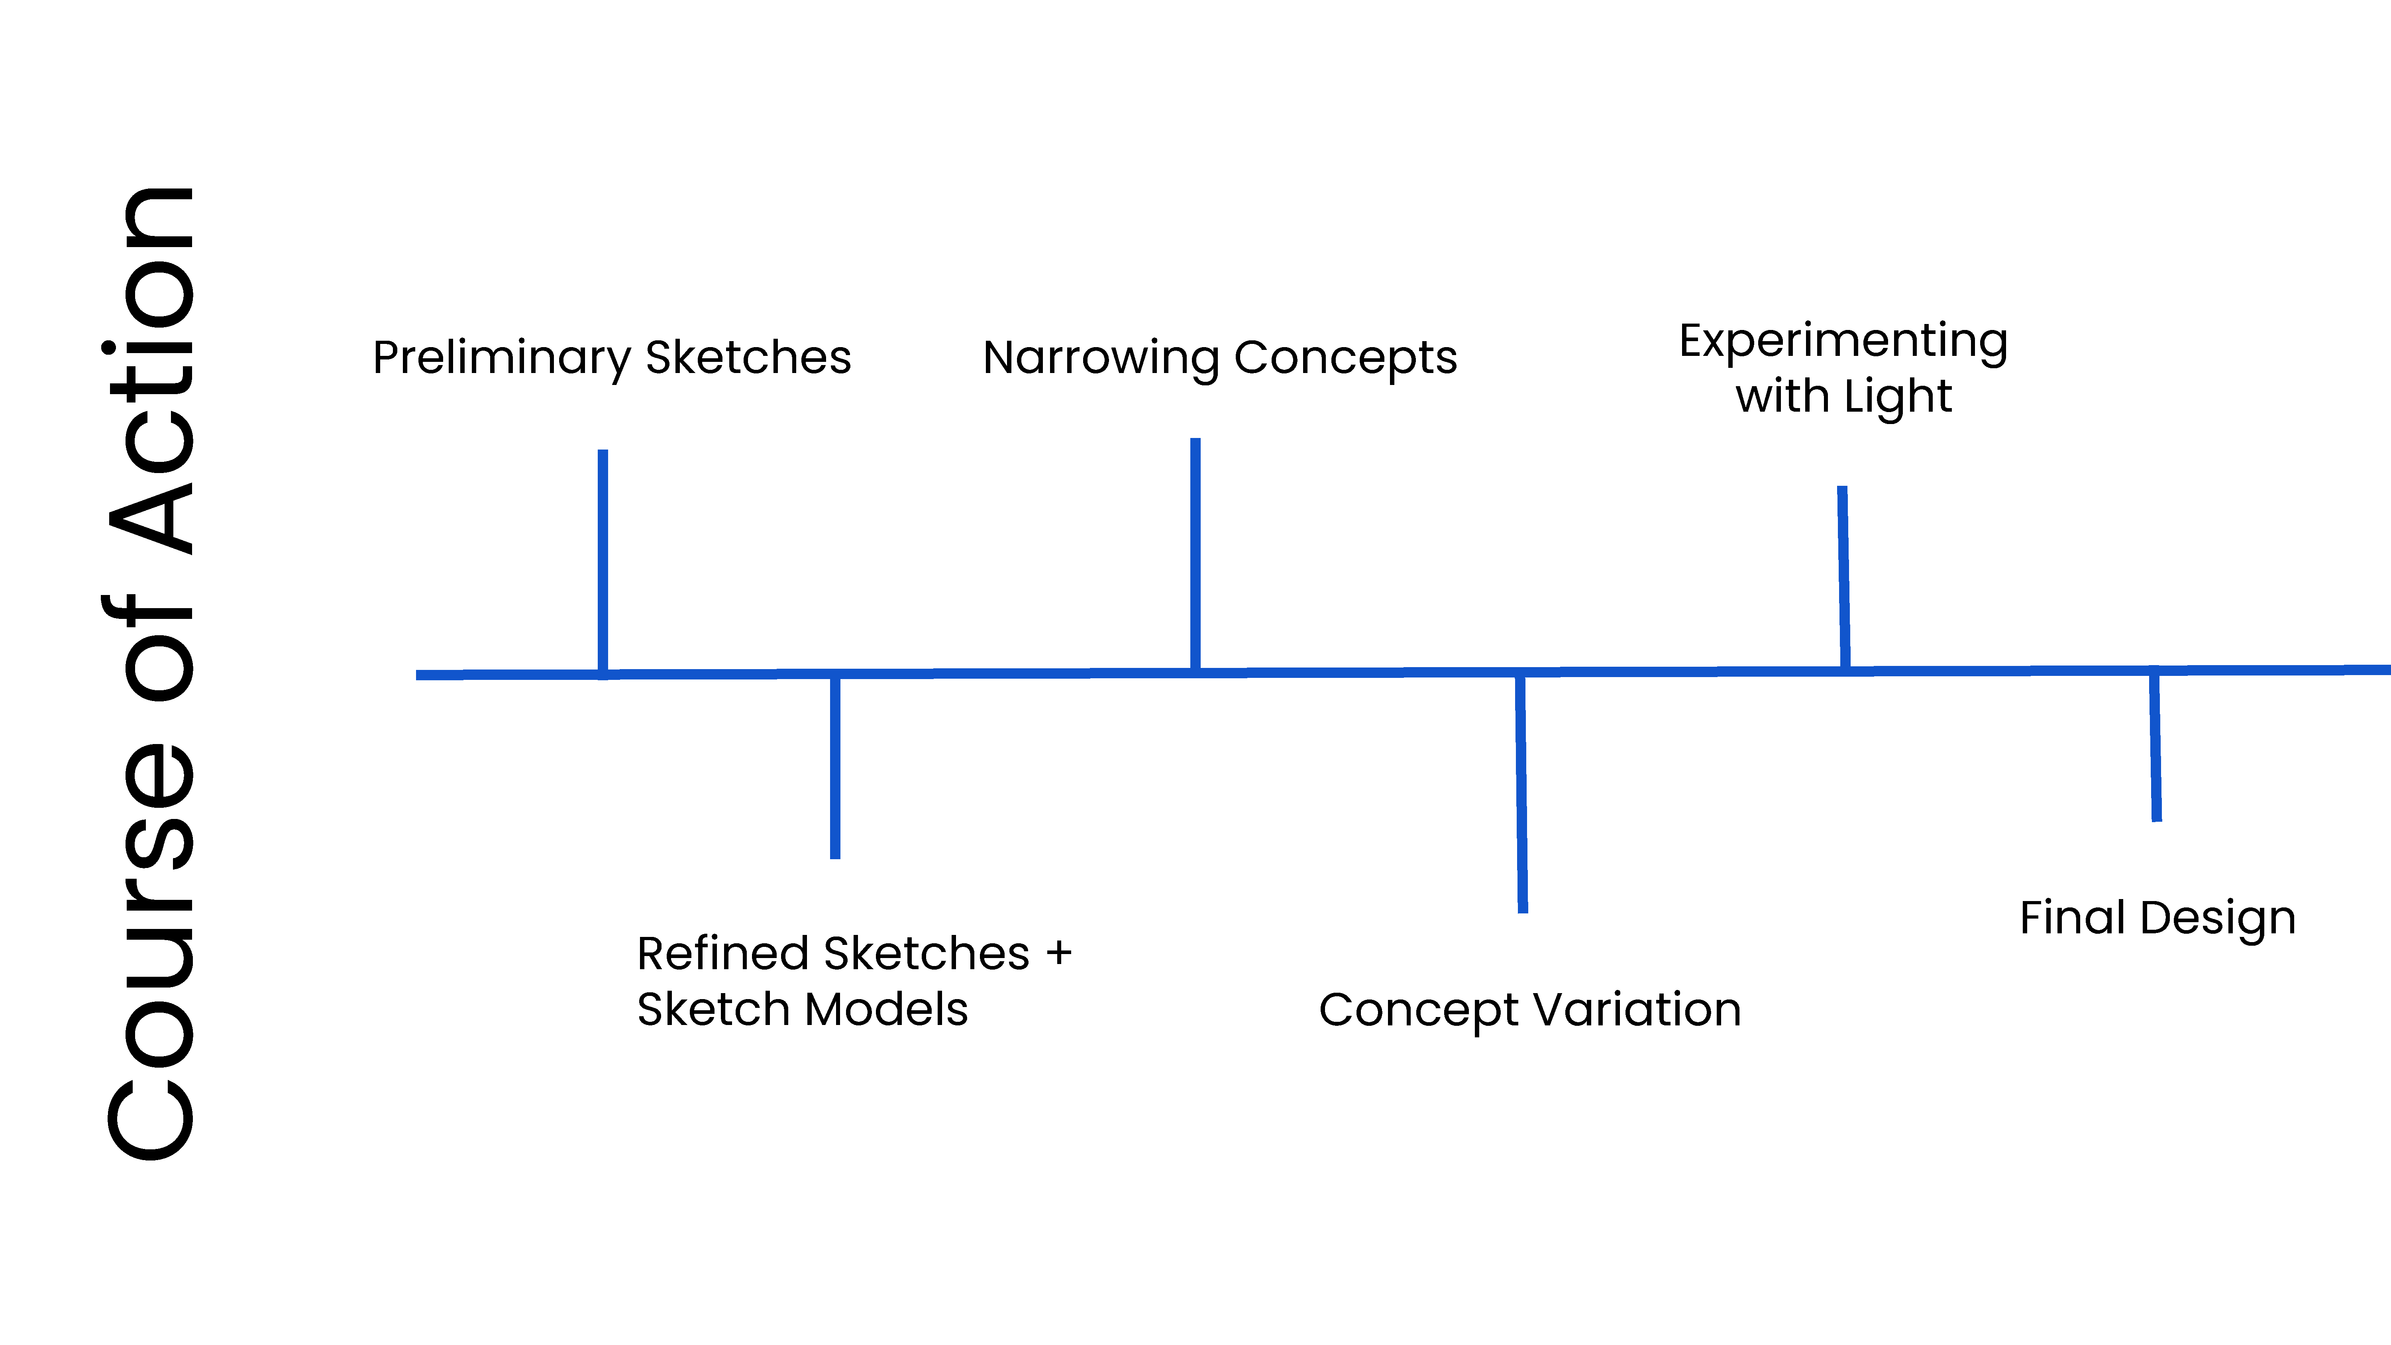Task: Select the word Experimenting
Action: click(1843, 342)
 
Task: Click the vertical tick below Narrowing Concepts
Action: click(1195, 554)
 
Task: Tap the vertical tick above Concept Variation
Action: click(1521, 793)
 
